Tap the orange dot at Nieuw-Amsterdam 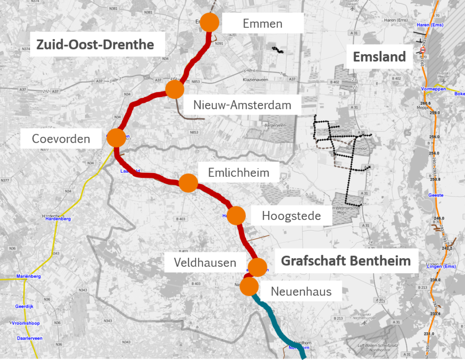(174, 89)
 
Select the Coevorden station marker (116, 138)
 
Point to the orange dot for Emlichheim (188, 183)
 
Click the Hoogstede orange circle (236, 215)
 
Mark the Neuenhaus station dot (249, 287)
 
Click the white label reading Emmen (262, 23)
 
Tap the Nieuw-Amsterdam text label (242, 105)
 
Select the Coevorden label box (61, 138)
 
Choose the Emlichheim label (238, 173)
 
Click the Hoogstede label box (291, 216)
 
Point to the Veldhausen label (205, 262)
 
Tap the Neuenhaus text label (301, 291)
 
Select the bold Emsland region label (379, 56)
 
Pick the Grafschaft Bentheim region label (346, 261)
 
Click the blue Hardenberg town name (58, 219)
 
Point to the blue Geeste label (435, 195)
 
